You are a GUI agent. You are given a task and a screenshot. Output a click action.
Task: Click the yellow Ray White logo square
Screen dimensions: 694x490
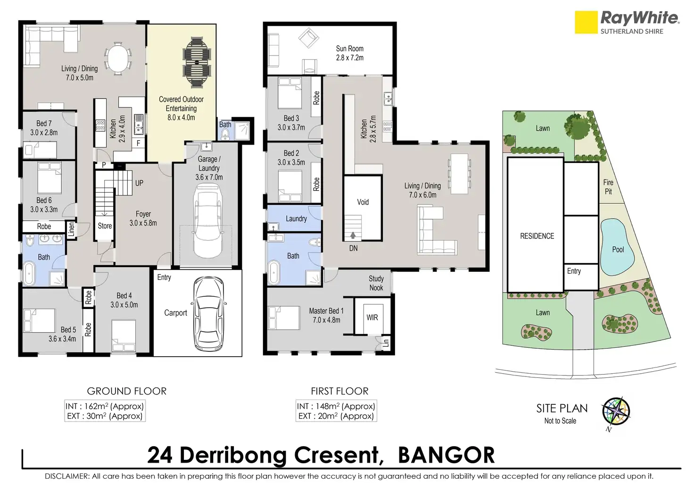point(586,22)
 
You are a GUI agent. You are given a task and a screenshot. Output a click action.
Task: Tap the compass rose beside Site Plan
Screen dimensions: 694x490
point(616,412)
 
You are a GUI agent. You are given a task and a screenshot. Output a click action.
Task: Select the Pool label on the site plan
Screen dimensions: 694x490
point(618,250)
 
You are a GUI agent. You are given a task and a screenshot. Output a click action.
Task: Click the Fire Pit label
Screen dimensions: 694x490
point(608,187)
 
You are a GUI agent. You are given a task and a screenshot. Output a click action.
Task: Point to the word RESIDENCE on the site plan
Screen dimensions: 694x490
point(537,236)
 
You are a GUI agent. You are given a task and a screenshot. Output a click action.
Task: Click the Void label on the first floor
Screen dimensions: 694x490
point(363,202)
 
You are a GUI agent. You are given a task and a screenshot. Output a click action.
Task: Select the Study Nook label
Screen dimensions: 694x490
point(376,283)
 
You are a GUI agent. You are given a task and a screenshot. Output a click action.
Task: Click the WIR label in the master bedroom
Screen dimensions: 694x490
point(372,318)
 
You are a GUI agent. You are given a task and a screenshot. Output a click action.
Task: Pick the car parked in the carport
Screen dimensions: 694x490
point(209,313)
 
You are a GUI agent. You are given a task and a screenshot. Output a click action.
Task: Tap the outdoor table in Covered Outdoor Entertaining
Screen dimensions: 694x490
point(197,62)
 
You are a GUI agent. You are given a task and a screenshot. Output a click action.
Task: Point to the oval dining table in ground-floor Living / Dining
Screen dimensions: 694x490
point(118,59)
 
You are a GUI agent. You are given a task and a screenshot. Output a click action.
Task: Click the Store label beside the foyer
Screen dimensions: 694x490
point(105,226)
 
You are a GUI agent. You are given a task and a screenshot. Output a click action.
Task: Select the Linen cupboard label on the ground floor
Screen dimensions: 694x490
point(72,229)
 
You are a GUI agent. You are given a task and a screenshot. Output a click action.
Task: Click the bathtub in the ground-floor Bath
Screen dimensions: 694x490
point(29,273)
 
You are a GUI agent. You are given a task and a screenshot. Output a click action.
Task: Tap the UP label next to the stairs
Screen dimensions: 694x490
point(139,183)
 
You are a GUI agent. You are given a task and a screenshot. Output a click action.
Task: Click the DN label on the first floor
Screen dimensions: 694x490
point(353,248)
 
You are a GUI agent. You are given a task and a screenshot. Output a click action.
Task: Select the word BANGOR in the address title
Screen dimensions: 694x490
point(446,455)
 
